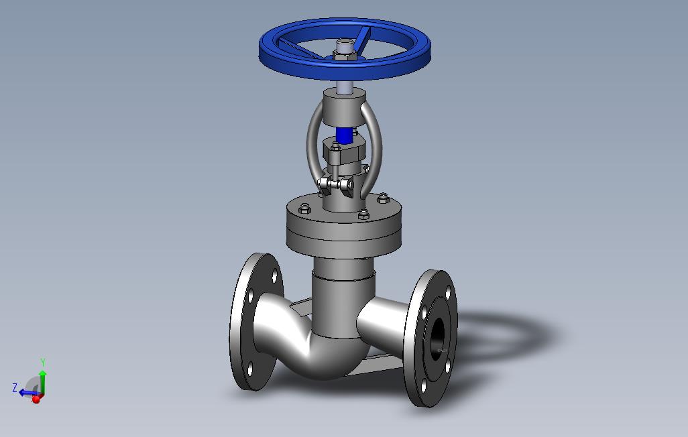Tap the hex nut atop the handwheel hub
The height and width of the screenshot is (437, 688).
pos(343,55)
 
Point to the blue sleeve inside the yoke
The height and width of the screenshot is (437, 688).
pos(345,135)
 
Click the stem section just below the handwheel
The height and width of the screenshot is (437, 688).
pos(344,86)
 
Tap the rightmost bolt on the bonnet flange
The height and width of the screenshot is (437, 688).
pos(383,198)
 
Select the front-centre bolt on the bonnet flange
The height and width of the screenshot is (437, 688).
pos(363,214)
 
